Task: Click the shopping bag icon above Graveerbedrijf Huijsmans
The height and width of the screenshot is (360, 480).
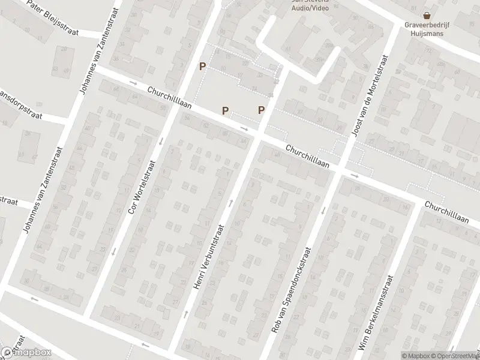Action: pyautogui.click(x=427, y=16)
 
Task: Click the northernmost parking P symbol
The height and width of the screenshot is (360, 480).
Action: pyautogui.click(x=203, y=67)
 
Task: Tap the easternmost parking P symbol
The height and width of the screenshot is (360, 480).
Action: pyautogui.click(x=261, y=109)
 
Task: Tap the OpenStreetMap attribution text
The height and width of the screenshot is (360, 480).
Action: pyautogui.click(x=456, y=356)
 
